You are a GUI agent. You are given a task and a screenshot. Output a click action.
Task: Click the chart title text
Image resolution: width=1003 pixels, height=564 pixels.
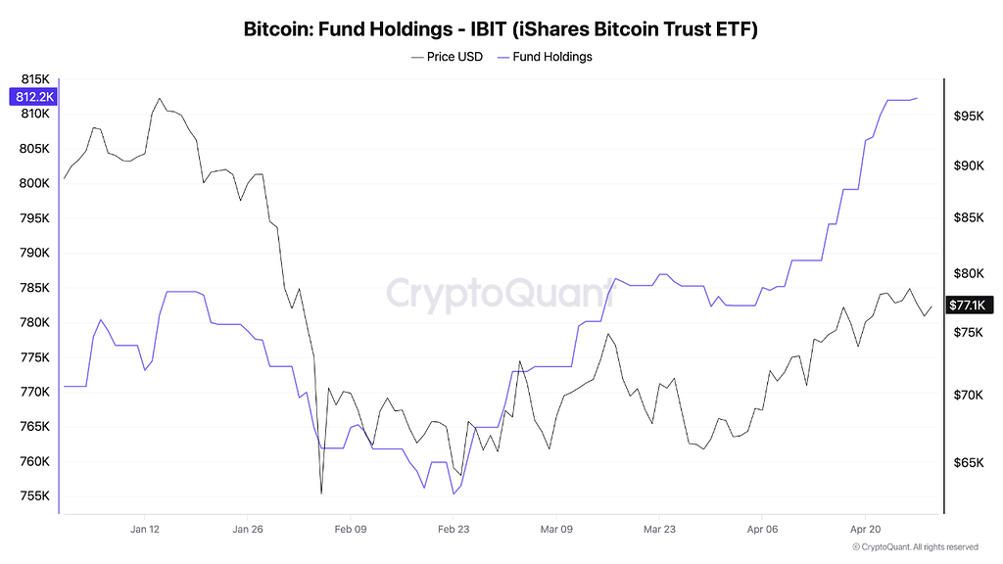[501, 29]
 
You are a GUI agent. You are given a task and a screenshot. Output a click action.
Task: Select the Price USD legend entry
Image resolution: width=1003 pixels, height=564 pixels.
[448, 57]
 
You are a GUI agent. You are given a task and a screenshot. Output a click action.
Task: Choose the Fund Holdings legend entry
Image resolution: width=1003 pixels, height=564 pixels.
[546, 57]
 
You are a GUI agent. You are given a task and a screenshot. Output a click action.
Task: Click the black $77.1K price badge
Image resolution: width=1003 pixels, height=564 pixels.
[970, 305]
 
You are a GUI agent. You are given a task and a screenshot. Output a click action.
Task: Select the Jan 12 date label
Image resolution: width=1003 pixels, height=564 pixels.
[145, 529]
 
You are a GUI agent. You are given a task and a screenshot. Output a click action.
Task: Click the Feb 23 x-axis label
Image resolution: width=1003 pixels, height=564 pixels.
[454, 529]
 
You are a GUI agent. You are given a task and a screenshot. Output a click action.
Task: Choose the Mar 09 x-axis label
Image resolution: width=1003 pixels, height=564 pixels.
[556, 529]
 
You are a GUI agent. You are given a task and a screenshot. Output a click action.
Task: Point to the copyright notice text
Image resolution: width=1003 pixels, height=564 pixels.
[915, 547]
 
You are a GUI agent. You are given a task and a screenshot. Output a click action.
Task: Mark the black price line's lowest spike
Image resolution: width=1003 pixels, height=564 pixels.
[321, 493]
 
